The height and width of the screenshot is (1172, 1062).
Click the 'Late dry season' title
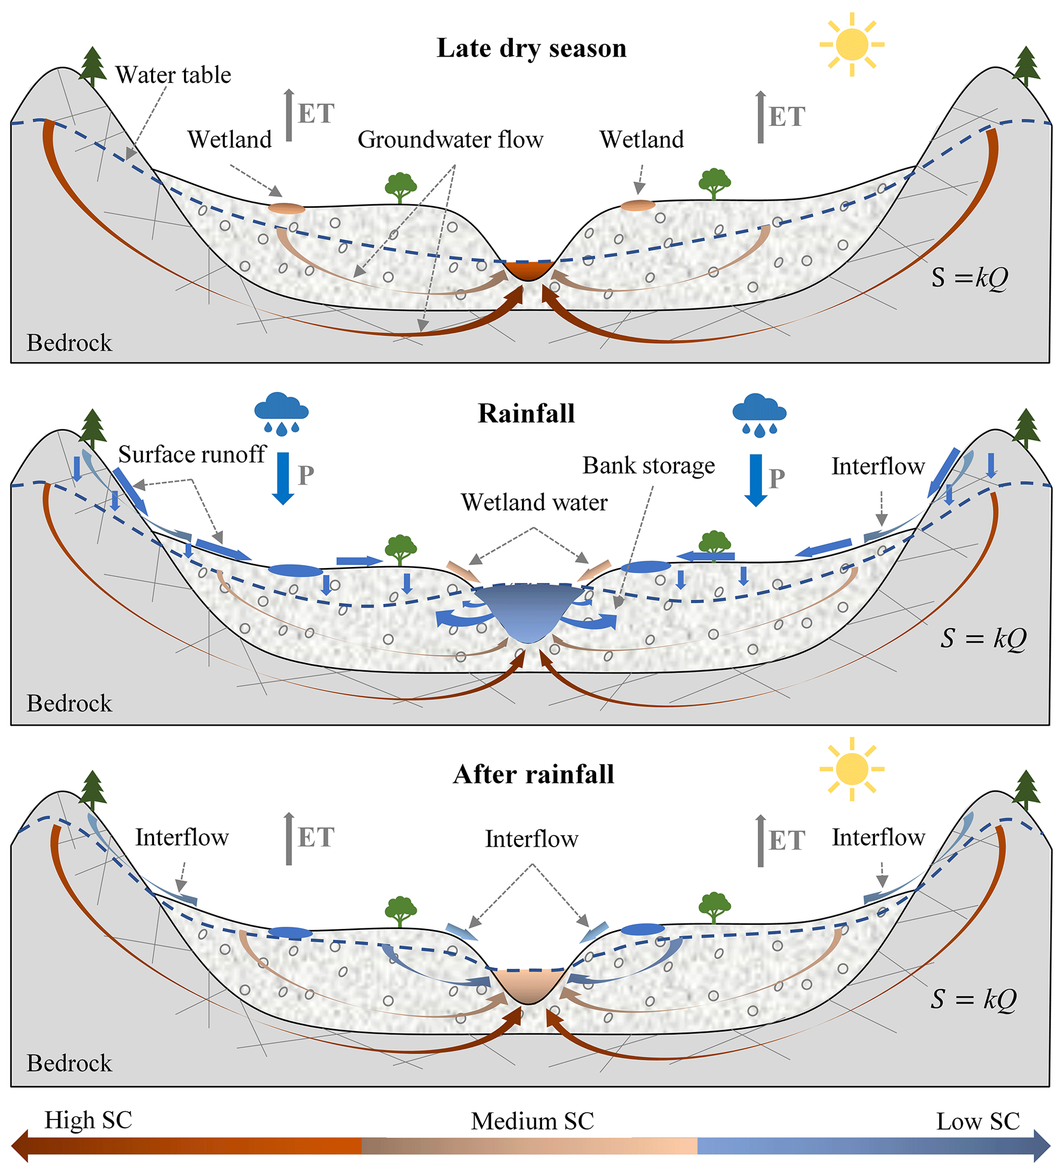[x=531, y=48]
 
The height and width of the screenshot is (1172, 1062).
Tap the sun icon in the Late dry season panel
[x=851, y=44]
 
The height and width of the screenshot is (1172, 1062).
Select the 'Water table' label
[x=173, y=75]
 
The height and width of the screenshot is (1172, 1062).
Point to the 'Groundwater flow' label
[x=450, y=139]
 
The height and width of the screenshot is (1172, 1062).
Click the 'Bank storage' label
[x=648, y=466]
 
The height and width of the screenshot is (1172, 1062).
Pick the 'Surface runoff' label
[x=192, y=454]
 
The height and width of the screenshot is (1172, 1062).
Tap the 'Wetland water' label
[x=534, y=502]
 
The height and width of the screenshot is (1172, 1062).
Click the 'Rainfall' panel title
[x=526, y=414]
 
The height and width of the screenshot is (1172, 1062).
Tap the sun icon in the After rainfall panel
[x=851, y=768]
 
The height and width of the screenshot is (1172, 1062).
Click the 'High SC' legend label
[x=88, y=1120]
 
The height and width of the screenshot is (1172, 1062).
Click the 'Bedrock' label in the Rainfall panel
[x=69, y=703]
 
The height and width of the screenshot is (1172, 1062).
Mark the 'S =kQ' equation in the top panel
[x=969, y=278]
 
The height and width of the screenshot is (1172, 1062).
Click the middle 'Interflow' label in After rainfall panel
[x=532, y=839]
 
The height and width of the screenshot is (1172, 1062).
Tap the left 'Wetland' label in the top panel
[x=230, y=139]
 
